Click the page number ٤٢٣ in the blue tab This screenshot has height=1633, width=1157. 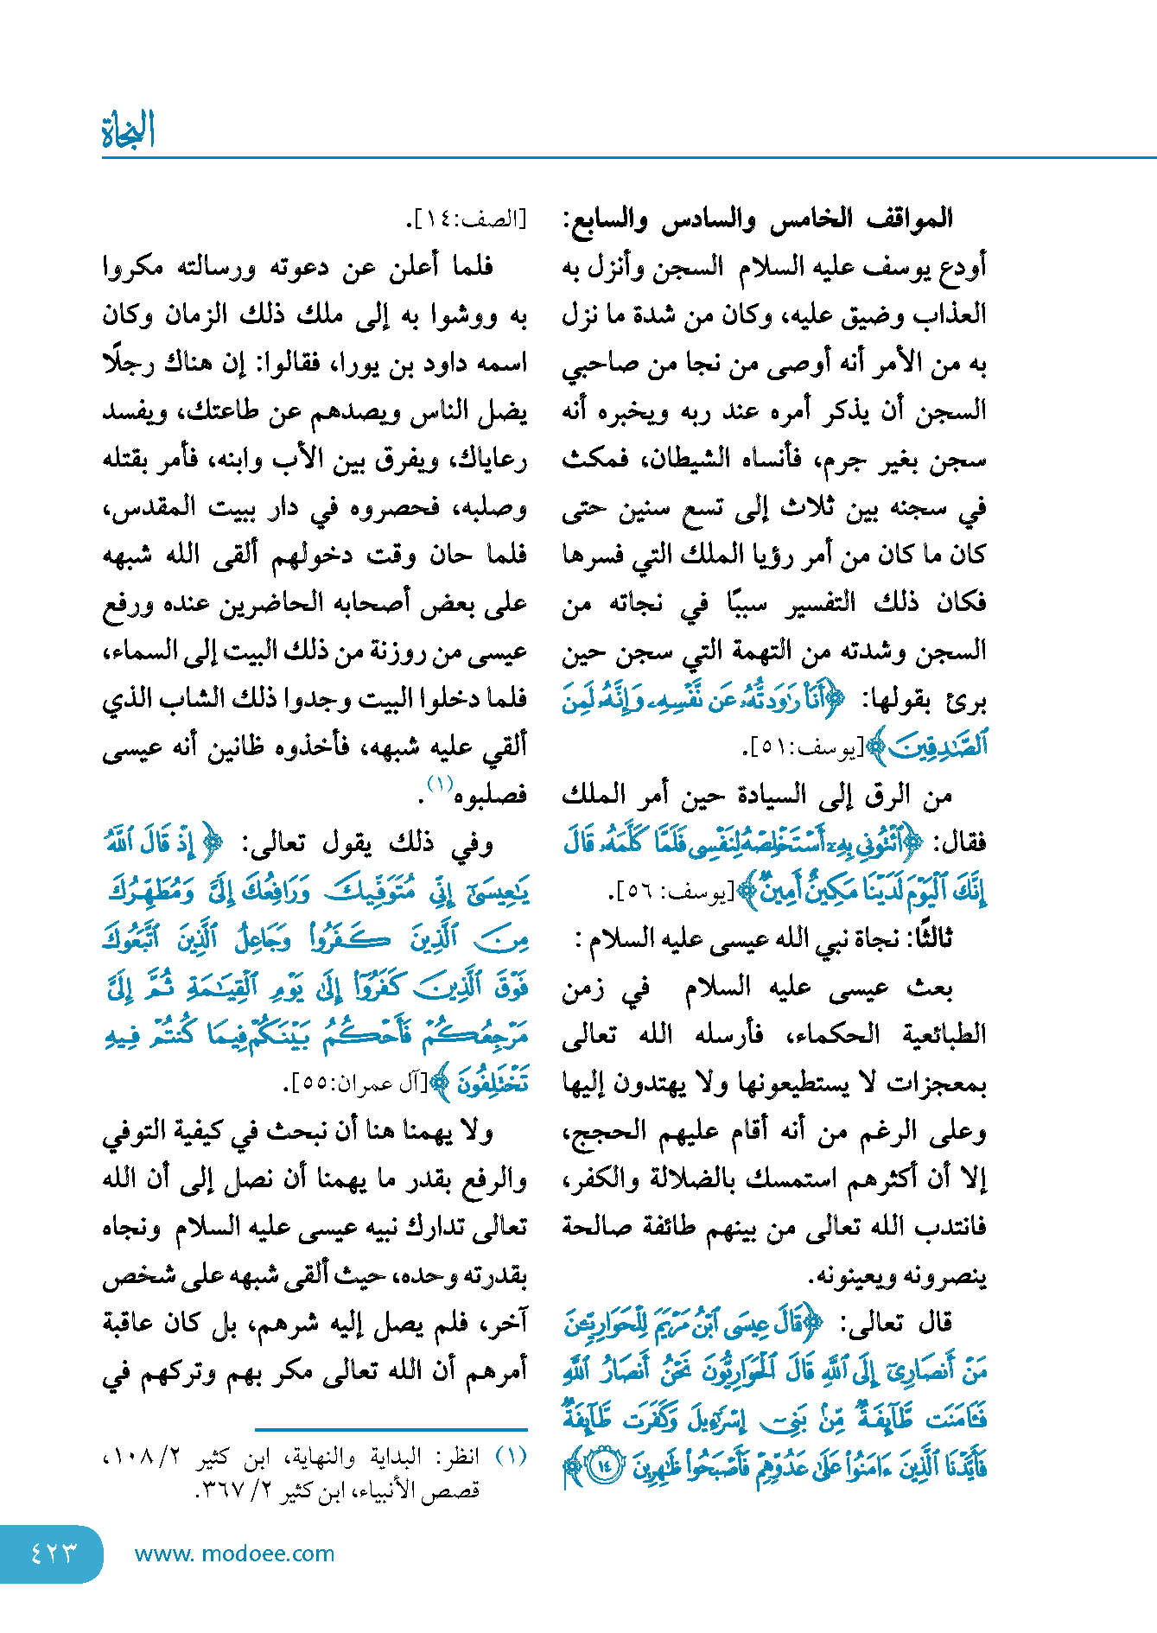53,1554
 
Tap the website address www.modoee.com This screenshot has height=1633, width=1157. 234,1554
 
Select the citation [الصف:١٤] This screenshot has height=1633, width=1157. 467,219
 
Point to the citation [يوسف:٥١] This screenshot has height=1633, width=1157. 804,748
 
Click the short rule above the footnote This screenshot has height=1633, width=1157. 391,1430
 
